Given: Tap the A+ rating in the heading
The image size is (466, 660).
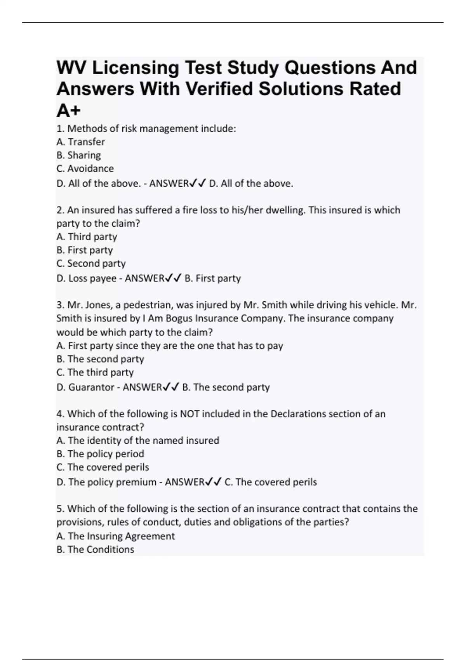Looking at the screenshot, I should pos(68,111).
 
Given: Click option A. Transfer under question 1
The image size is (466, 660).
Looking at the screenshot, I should pos(81,142).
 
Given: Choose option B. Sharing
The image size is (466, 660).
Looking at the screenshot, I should pos(78,155).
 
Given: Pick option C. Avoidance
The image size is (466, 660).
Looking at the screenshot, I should pos(85,168).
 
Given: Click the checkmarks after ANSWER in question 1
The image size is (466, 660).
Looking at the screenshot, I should pos(197,183).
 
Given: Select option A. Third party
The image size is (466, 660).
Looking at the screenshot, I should pos(87,237).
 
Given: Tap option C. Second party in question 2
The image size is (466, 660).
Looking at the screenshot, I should pos(91,263).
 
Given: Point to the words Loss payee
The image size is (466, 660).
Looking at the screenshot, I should pos(92,278).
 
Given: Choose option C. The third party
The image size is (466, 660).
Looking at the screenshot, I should pos(95,372).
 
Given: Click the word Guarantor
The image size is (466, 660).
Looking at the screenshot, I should pos(91,387).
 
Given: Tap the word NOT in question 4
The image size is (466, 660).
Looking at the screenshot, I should pos(189,414).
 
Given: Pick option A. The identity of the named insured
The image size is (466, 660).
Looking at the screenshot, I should pos(138,441).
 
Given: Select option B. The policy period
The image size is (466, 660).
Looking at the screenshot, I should pos(100,454).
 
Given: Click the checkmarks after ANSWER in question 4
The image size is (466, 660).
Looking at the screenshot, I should pos(213,482).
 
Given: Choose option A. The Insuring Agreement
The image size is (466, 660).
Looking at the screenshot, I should pos(116,536).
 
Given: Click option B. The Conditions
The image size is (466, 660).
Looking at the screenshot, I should pos(95,549).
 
